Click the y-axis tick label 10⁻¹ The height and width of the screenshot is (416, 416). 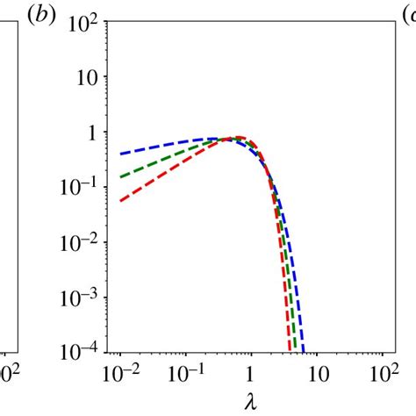click(81, 190)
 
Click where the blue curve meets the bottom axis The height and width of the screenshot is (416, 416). click(303, 353)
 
